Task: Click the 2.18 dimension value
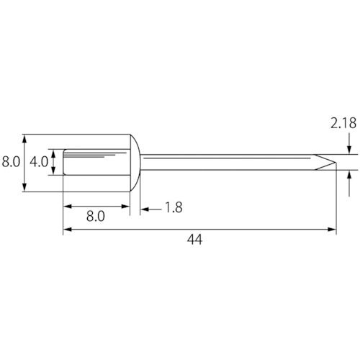(343, 123)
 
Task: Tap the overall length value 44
(194, 240)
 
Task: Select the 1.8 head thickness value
(174, 207)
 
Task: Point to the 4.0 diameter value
(39, 162)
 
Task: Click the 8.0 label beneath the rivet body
(96, 217)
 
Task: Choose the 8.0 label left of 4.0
(11, 162)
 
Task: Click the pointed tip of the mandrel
(336, 162)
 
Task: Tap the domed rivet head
(135, 163)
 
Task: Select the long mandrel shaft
(238, 162)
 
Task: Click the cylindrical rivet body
(96, 162)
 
